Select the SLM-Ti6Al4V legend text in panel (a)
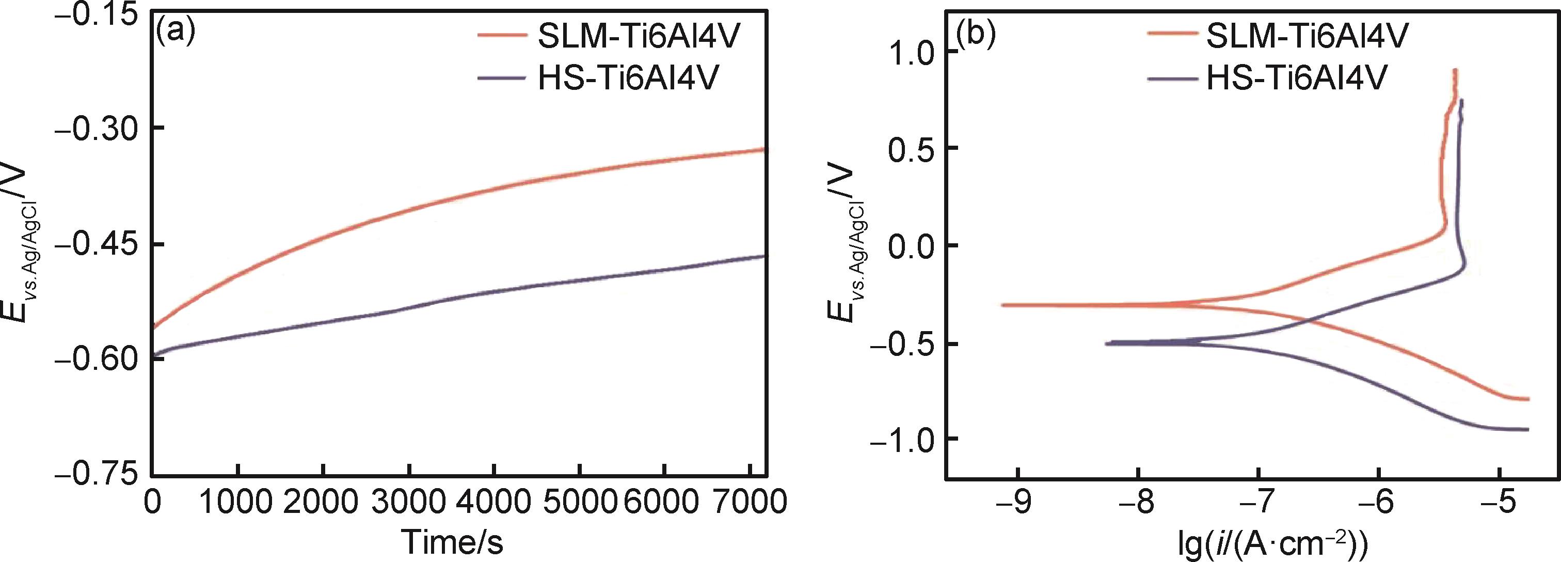(639, 36)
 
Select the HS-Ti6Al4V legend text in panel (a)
(628, 78)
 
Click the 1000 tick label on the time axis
(238, 503)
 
